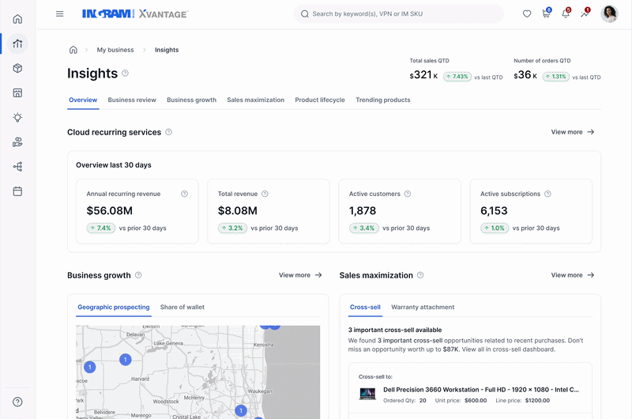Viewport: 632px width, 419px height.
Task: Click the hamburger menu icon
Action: pyautogui.click(x=60, y=13)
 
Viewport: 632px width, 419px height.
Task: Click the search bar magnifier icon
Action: pyautogui.click(x=305, y=13)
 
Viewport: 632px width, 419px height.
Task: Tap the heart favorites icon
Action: pyautogui.click(x=527, y=13)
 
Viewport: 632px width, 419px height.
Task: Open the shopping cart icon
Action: pyautogui.click(x=546, y=13)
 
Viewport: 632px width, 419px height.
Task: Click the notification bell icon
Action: pyautogui.click(x=566, y=13)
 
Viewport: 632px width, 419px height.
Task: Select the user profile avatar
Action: pyautogui.click(x=609, y=13)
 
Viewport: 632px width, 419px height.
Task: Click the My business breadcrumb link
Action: pyautogui.click(x=115, y=50)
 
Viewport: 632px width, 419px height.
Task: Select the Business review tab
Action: pyautogui.click(x=132, y=100)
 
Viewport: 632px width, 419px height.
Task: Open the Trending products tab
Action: pyautogui.click(x=383, y=100)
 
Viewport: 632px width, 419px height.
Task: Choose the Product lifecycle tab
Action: pyautogui.click(x=320, y=100)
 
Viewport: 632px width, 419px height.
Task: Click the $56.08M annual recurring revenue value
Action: pyautogui.click(x=110, y=210)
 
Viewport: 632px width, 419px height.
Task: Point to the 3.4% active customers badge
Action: pyautogui.click(x=364, y=228)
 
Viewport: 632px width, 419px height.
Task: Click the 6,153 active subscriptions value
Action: pyautogui.click(x=494, y=210)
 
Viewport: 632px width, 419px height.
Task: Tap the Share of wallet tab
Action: pyautogui.click(x=182, y=307)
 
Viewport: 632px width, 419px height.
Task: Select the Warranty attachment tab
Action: pyautogui.click(x=423, y=307)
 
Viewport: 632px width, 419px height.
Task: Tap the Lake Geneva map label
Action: pyautogui.click(x=168, y=343)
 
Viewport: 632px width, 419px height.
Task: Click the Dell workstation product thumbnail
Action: pyautogui.click(x=367, y=394)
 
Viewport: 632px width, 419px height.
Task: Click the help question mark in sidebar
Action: pyautogui.click(x=17, y=402)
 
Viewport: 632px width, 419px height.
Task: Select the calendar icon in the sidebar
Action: pyautogui.click(x=17, y=191)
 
